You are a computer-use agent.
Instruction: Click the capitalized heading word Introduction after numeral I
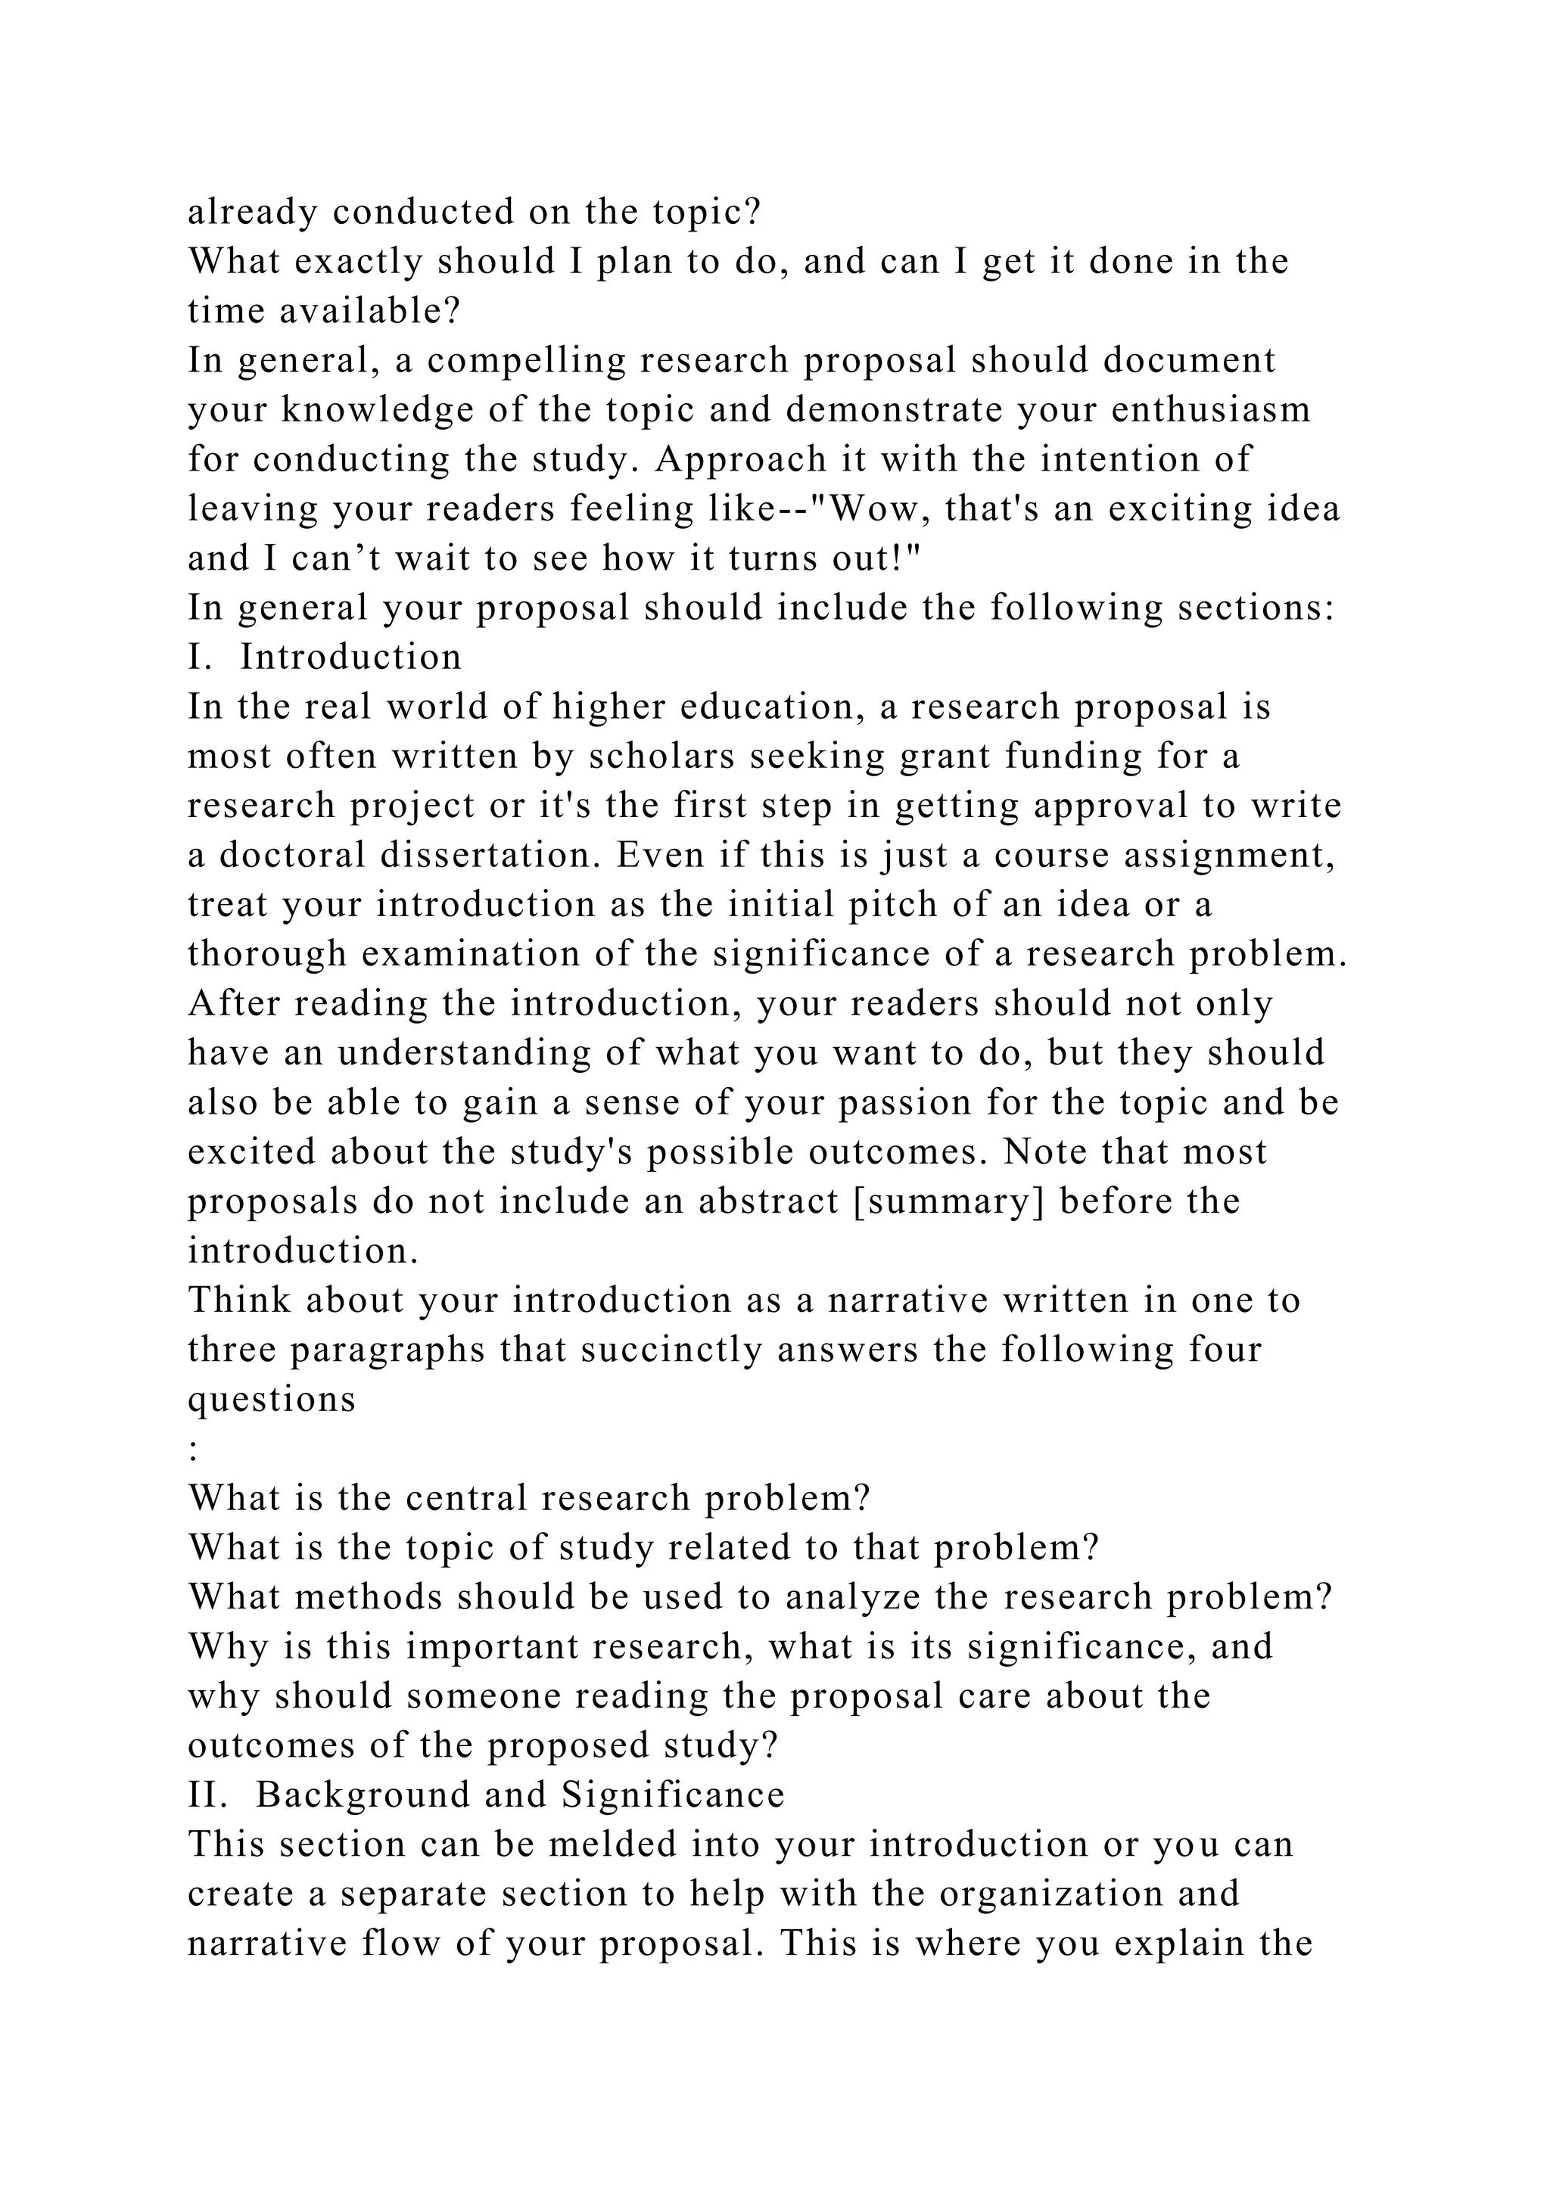[x=351, y=657]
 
